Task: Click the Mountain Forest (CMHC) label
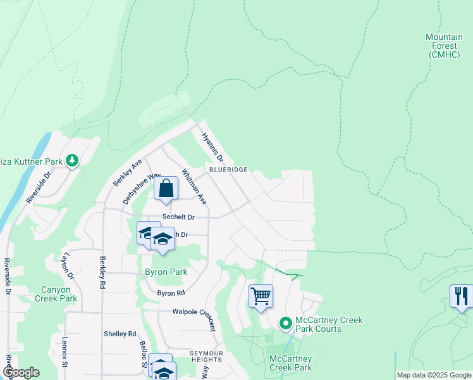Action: [x=448, y=46]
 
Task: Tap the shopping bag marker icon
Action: [x=166, y=188]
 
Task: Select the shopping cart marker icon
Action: [x=261, y=296]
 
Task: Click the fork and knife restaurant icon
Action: [x=461, y=296]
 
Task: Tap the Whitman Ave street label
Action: [x=194, y=186]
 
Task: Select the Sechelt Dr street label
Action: [x=178, y=217]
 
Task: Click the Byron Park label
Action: [x=166, y=272]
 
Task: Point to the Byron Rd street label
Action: [x=171, y=293]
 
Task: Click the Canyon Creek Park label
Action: [x=56, y=294]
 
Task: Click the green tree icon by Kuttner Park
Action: [x=73, y=161]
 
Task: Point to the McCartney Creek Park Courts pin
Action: [x=285, y=324]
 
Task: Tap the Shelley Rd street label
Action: [x=120, y=334]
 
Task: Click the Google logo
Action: [x=21, y=373]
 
